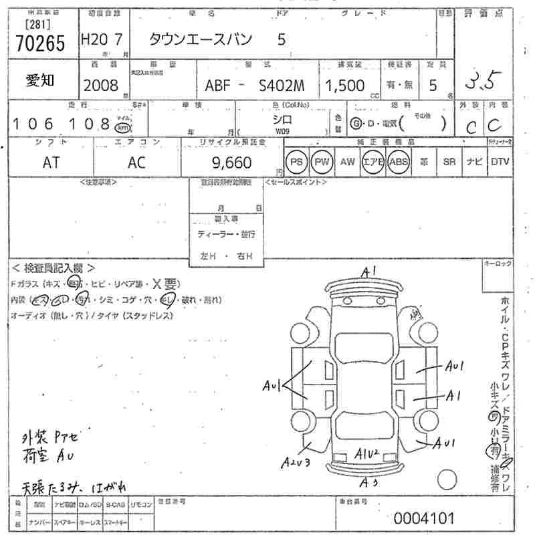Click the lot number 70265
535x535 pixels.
39,43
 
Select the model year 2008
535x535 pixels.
100,86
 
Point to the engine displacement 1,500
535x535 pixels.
345,86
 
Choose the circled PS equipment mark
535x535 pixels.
296,162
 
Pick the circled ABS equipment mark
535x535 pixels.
399,162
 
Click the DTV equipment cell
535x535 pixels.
500,162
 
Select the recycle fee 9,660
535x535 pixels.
231,163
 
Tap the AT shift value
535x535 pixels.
49,163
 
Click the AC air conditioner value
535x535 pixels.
136,163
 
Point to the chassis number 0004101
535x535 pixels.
424,518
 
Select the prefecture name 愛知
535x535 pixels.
40,81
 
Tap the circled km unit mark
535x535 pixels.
122,127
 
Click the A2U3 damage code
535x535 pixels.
296,462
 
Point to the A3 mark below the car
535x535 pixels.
368,481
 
